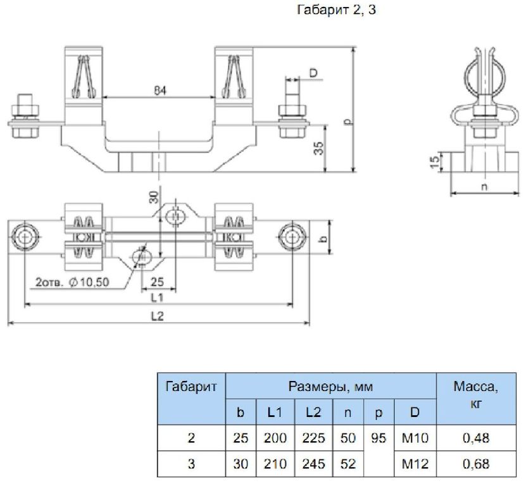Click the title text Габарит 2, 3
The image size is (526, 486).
click(x=336, y=11)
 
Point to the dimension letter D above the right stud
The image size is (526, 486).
click(x=313, y=73)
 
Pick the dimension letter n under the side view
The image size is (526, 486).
click(x=484, y=187)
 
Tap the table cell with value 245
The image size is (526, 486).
click(x=313, y=464)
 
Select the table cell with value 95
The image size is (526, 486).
click(x=379, y=437)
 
